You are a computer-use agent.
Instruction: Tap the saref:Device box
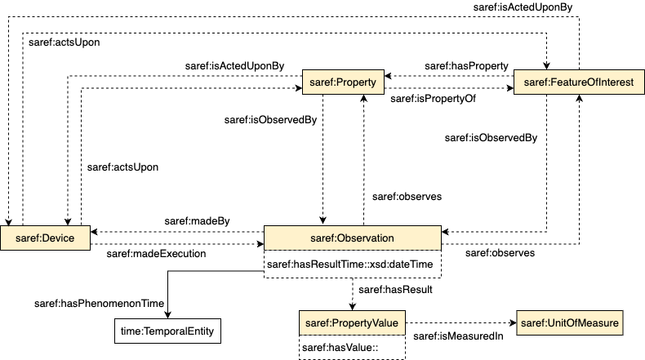pyautogui.click(x=45, y=238)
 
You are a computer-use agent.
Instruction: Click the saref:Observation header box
pyautogui.click(x=352, y=238)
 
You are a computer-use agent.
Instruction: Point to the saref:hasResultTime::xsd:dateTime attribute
pyautogui.click(x=352, y=264)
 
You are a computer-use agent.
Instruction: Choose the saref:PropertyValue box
pyautogui.click(x=353, y=323)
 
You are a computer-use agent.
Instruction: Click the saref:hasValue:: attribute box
pyautogui.click(x=353, y=349)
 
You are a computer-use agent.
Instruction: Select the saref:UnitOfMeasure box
pyautogui.click(x=569, y=323)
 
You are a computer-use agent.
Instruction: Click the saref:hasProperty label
pyautogui.click(x=466, y=65)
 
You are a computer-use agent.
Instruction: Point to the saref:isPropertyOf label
pyautogui.click(x=433, y=99)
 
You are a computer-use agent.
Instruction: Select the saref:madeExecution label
pyautogui.click(x=156, y=254)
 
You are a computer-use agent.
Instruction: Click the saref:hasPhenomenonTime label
pyautogui.click(x=99, y=304)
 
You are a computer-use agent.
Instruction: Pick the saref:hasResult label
pyautogui.click(x=394, y=289)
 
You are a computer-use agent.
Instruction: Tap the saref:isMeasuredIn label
pyautogui.click(x=458, y=336)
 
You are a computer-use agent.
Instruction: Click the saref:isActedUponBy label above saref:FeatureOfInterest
pyautogui.click(x=523, y=7)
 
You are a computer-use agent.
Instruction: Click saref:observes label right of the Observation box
pyautogui.click(x=500, y=253)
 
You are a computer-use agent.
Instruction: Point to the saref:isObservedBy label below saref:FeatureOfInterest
pyautogui.click(x=490, y=137)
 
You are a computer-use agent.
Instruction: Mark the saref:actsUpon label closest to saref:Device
pyautogui.click(x=122, y=167)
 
